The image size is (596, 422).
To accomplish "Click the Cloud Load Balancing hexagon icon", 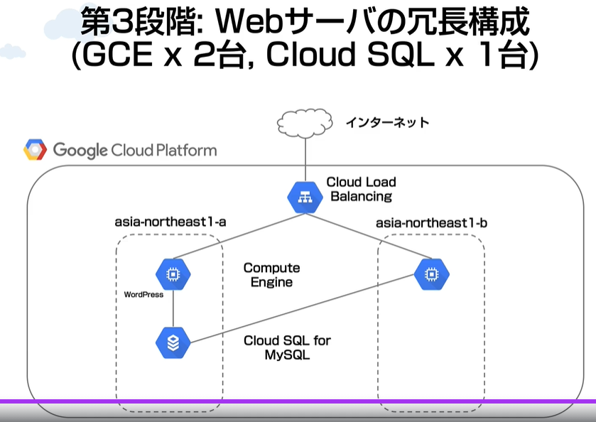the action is coord(305,198).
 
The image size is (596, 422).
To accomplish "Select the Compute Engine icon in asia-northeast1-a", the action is coord(173,274).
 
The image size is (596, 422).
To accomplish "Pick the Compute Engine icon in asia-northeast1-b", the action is coord(431,274).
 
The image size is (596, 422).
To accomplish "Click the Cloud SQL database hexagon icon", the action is coord(173,342).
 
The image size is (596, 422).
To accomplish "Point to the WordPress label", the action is coord(143,295).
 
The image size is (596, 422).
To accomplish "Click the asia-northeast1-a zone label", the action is coord(170,222).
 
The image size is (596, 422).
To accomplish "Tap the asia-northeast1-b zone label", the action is coord(431,223).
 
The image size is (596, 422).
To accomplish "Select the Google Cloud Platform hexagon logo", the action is coord(35,149).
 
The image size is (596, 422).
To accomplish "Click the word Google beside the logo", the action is coord(80,151).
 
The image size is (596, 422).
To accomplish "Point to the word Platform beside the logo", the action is coord(186,151).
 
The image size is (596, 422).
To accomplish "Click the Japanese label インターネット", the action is coord(387,122).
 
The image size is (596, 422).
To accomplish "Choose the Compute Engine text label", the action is coord(272,275).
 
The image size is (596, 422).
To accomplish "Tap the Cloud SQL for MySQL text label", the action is coord(288,347).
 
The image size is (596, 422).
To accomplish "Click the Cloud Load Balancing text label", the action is coord(361,189).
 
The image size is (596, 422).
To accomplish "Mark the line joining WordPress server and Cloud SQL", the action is coord(173,308).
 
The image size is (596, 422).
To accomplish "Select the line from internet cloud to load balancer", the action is coord(305,160).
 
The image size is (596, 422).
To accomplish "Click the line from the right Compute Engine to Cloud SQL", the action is coord(302,308).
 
